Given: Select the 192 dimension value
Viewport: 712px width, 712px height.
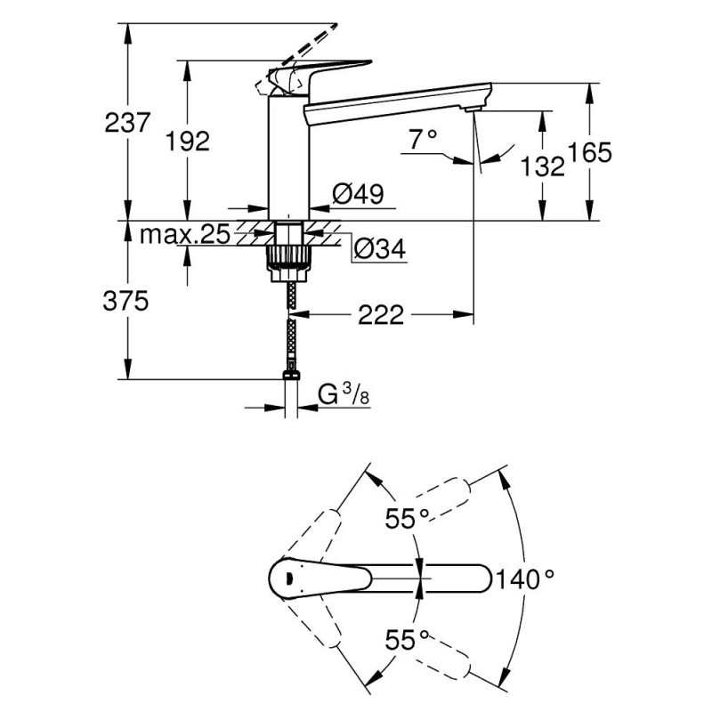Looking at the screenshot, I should [188, 140].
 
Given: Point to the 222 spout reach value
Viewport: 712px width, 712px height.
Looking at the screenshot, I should [383, 313].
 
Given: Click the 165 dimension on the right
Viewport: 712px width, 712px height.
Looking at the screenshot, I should [589, 152].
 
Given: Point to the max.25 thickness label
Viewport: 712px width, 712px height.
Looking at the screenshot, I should [185, 235].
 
